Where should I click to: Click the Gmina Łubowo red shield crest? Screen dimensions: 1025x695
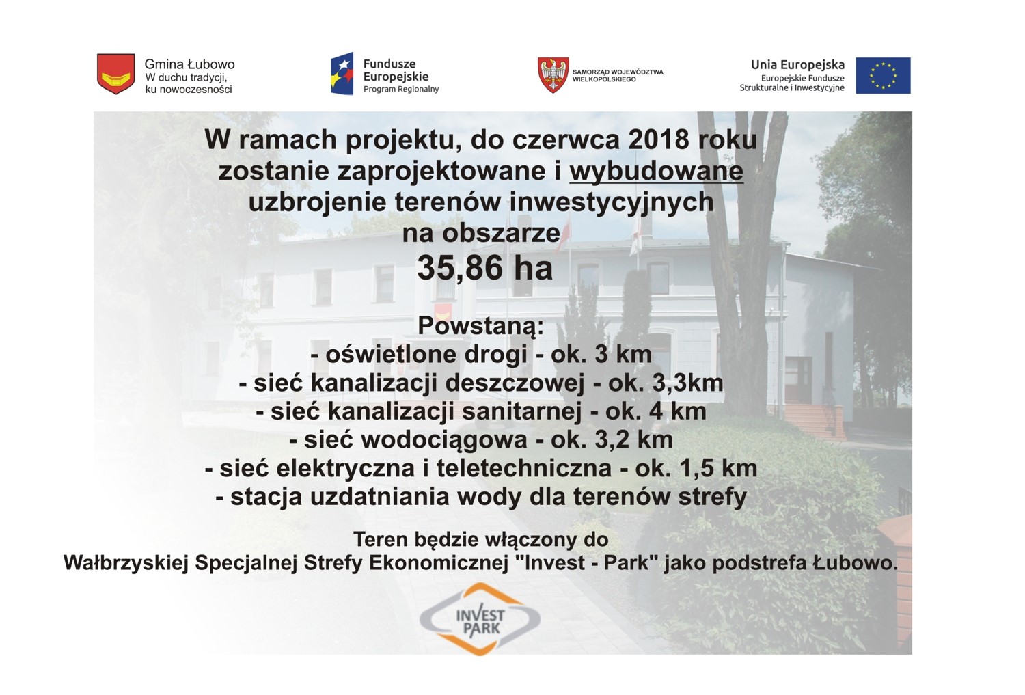(115, 74)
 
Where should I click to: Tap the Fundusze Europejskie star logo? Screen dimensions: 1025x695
(342, 74)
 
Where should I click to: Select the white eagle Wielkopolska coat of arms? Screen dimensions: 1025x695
(553, 75)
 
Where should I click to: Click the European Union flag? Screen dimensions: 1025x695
(883, 75)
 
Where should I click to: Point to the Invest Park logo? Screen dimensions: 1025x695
(480, 619)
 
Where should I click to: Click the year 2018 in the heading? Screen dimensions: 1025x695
(659, 139)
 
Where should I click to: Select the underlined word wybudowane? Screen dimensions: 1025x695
(656, 172)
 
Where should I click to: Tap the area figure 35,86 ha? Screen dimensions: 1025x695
(485, 268)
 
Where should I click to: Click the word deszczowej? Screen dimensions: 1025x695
(515, 383)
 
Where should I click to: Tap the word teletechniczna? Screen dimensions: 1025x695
(524, 468)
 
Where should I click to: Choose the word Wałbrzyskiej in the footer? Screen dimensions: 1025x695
(126, 564)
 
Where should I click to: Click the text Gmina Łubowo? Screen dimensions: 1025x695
(189, 64)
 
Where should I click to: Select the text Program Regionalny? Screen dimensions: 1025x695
(401, 89)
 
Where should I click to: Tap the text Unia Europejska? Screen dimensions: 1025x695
(797, 65)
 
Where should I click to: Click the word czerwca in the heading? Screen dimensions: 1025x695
(566, 139)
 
